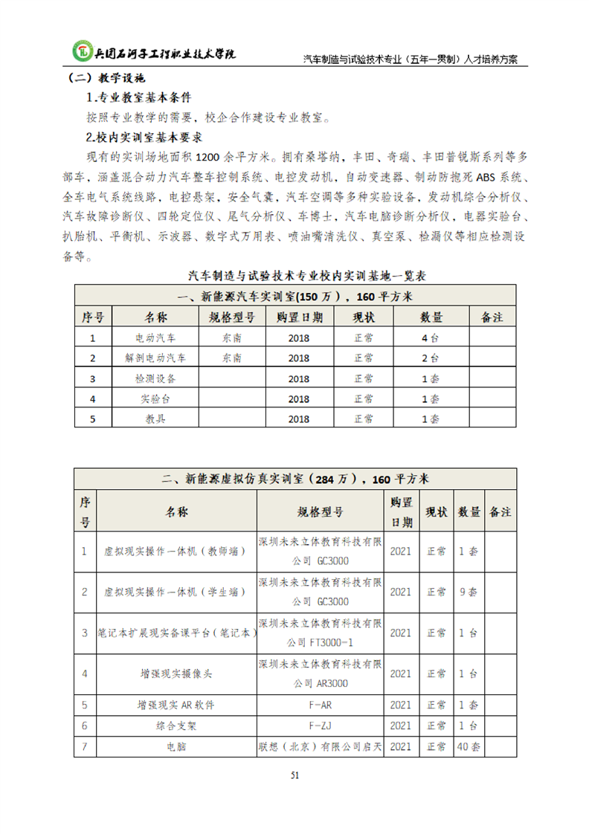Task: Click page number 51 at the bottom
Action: click(x=294, y=775)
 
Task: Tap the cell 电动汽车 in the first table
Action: click(x=156, y=337)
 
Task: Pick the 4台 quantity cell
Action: click(x=431, y=337)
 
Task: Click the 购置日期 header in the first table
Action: click(x=299, y=317)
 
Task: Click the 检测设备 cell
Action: click(x=156, y=378)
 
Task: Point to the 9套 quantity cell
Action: click(x=469, y=592)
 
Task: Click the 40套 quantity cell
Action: click(x=469, y=746)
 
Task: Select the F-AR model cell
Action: click(x=321, y=705)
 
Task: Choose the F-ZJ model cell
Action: click(x=321, y=725)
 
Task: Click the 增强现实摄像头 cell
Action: click(x=176, y=673)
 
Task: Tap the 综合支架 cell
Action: click(x=176, y=725)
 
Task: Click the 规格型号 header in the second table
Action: click(x=321, y=511)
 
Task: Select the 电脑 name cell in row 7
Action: click(x=176, y=746)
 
